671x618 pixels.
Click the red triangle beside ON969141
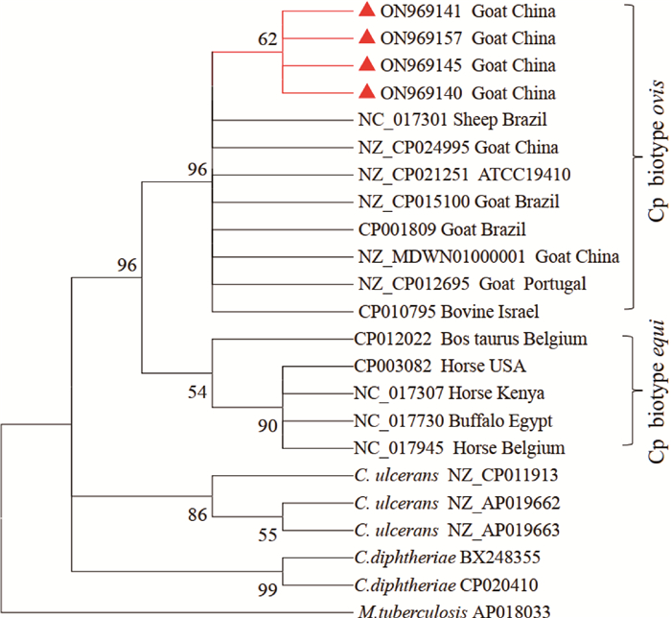(365, 12)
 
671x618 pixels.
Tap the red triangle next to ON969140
(365, 92)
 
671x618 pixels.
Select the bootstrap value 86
(197, 515)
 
